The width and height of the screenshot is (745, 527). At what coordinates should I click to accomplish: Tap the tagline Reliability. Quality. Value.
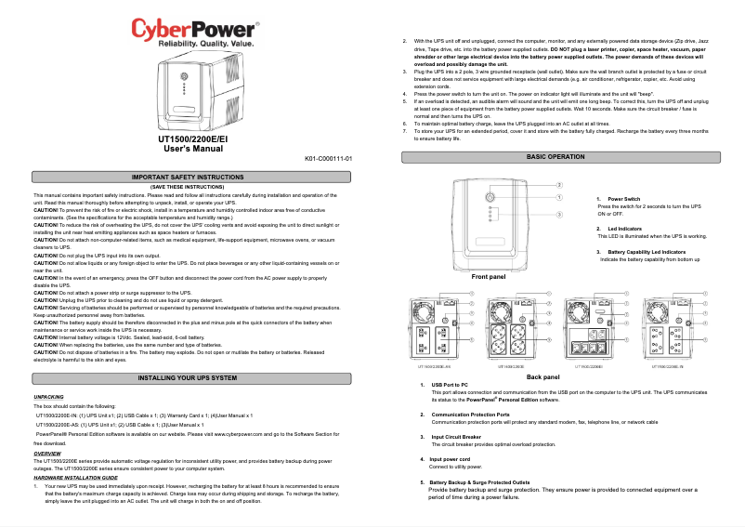(193, 44)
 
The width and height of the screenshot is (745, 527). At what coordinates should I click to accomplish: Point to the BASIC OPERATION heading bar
(555, 158)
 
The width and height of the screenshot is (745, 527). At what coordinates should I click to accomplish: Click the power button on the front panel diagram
(490, 196)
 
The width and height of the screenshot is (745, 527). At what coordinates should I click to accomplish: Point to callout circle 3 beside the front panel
(559, 215)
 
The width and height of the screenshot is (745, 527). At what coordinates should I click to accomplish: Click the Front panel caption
(489, 277)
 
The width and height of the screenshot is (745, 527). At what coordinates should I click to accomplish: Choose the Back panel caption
(542, 376)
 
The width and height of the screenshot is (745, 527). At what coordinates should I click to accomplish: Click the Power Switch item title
(623, 199)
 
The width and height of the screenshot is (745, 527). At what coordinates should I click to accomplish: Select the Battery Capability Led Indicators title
(647, 252)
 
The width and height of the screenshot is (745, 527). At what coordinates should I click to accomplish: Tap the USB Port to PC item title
(450, 385)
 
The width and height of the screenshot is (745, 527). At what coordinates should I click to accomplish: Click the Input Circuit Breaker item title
(456, 436)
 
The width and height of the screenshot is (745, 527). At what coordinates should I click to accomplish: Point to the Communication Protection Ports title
(470, 414)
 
